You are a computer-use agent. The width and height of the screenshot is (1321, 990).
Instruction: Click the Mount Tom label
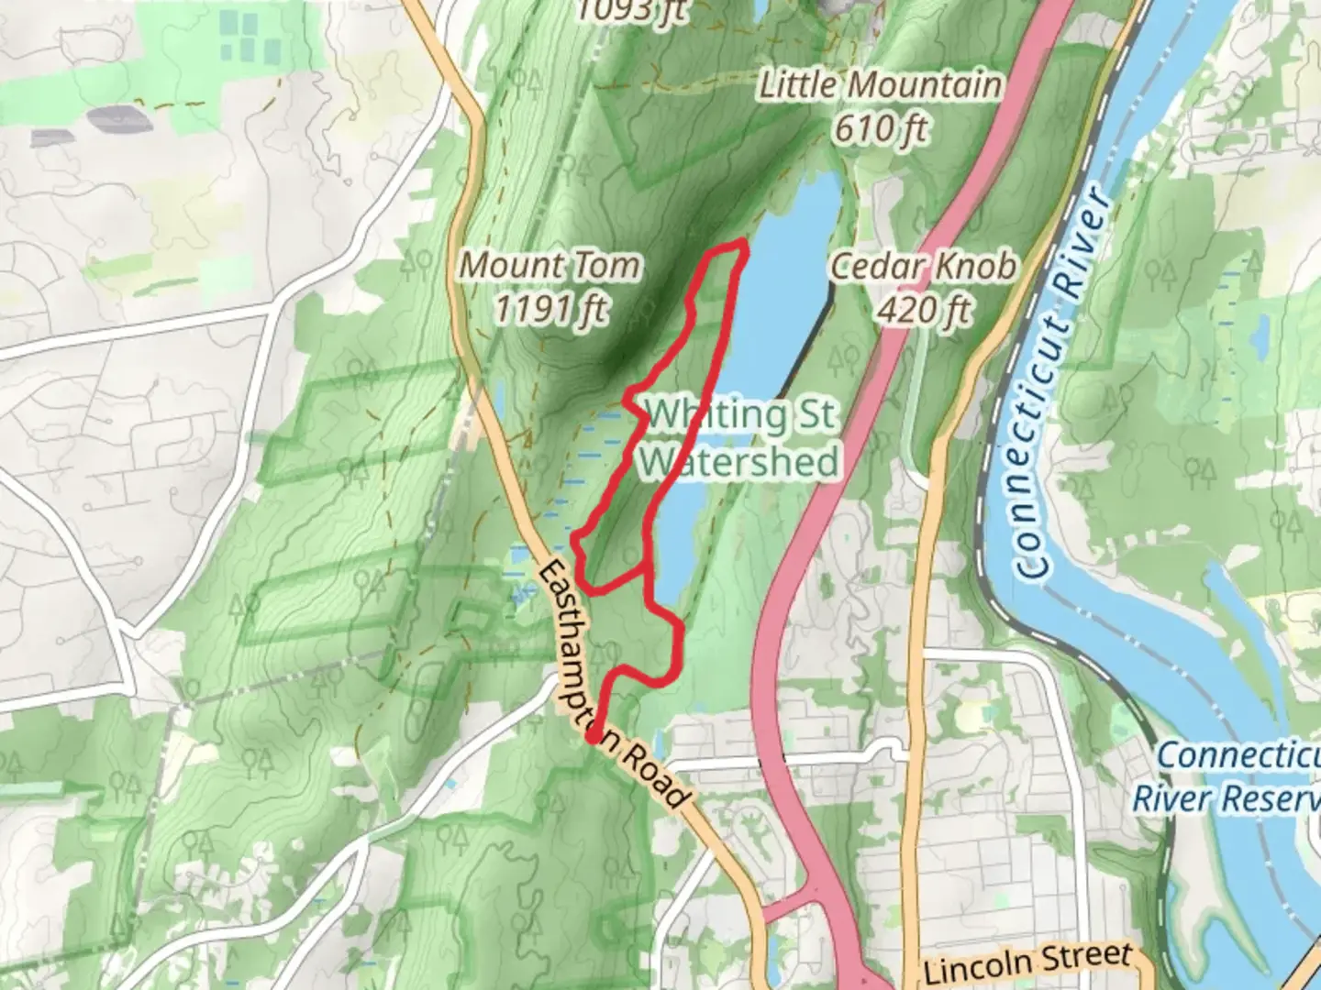(549, 266)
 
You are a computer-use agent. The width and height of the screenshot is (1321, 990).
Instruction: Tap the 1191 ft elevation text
(549, 309)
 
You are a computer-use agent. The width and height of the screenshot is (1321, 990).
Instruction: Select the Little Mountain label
(879, 85)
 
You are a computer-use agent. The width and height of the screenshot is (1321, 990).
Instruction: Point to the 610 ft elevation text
(880, 128)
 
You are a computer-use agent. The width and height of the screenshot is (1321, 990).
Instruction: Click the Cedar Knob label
(923, 267)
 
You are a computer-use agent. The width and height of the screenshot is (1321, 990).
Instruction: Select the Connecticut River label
(1062, 385)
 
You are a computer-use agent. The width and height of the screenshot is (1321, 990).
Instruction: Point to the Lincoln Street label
(1027, 962)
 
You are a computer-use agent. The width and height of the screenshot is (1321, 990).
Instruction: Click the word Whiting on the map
(716, 415)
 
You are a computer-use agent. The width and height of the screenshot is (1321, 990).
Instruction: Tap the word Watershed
(739, 460)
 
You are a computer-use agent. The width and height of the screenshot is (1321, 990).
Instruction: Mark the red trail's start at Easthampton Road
(594, 736)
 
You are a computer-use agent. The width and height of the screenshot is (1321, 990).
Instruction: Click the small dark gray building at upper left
(115, 116)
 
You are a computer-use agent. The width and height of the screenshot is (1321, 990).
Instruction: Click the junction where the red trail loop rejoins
(649, 568)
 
